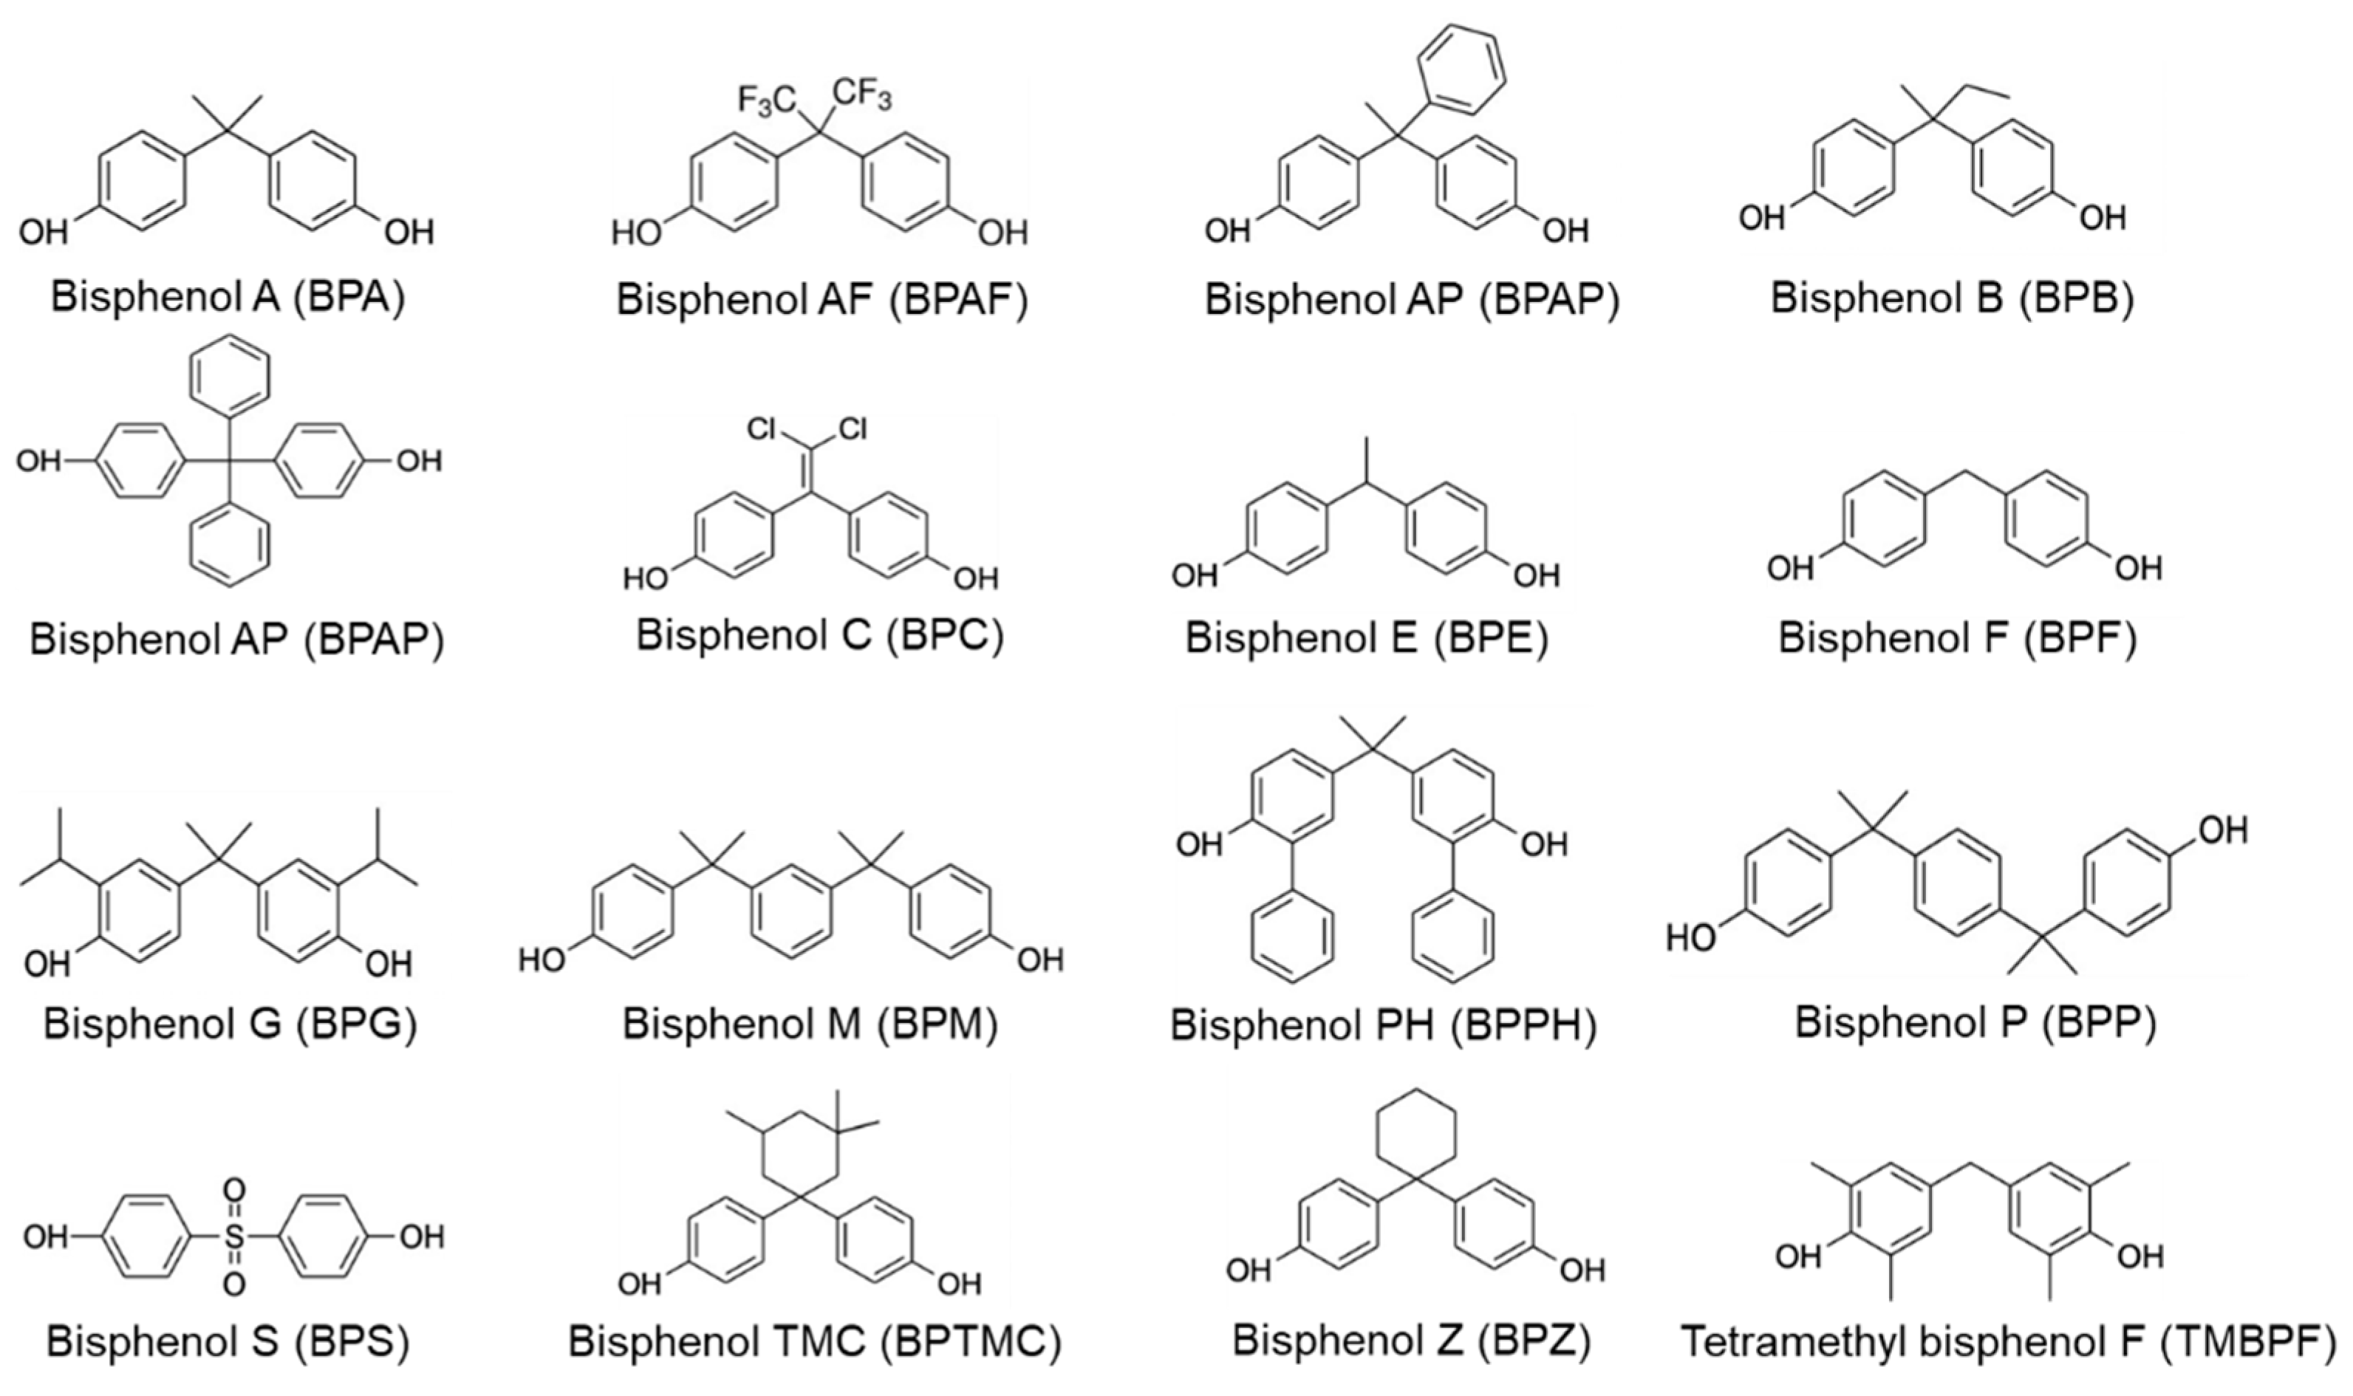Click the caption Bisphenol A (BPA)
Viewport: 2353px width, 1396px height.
click(228, 296)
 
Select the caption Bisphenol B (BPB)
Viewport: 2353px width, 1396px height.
click(1952, 297)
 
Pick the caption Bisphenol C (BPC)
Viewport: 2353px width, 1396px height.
click(819, 635)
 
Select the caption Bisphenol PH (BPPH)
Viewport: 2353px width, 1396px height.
click(1383, 1025)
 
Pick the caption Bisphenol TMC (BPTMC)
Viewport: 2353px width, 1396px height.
click(815, 1342)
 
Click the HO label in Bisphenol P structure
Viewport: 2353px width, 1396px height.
click(1690, 939)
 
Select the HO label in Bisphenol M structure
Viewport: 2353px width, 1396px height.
click(543, 959)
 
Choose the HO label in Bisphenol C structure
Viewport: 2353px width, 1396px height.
click(646, 578)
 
